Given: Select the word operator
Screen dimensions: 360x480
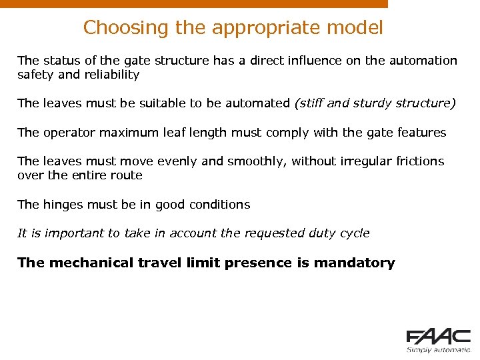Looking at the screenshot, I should click(x=67, y=133).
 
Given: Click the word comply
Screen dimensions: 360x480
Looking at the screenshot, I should click(x=289, y=133).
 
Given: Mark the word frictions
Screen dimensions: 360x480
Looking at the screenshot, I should click(x=419, y=161).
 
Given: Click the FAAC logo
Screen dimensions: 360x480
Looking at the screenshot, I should click(x=438, y=336).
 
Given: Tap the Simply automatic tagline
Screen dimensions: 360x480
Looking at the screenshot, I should click(x=438, y=349).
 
